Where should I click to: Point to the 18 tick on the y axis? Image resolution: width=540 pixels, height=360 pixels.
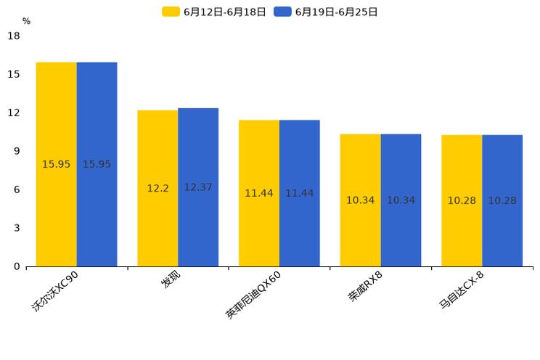14,36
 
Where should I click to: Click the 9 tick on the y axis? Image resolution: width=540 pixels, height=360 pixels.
17,151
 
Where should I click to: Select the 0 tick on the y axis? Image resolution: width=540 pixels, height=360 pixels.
17,266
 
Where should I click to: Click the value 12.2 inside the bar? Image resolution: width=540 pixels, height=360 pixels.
157,188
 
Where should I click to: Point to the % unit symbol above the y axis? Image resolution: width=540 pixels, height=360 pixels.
26,21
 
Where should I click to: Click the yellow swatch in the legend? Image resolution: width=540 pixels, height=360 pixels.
171,12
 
